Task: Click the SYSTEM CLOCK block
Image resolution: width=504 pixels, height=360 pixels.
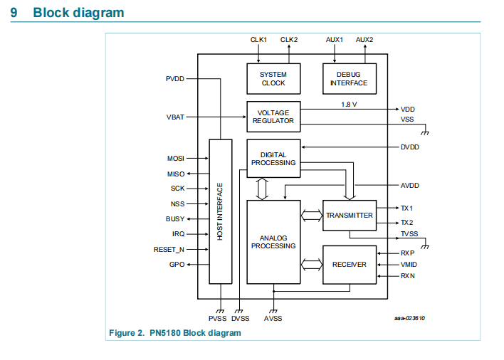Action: pos(273,78)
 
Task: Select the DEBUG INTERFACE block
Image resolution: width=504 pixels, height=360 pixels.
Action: pos(349,78)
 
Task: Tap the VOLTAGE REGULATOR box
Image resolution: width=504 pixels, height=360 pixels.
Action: pos(273,117)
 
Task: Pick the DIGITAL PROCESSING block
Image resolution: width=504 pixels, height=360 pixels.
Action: pos(273,158)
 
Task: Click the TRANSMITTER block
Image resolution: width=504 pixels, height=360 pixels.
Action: pos(349,216)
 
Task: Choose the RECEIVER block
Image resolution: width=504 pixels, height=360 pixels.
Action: pos(349,265)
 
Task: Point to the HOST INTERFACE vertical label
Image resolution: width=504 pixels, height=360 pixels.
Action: pos(221,211)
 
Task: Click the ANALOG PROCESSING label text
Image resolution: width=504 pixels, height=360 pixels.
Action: pos(273,241)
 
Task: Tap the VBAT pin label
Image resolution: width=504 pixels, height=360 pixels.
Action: pos(175,117)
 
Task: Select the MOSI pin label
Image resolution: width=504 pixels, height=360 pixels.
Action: pos(176,158)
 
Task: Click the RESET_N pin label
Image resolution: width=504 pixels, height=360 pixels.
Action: pos(169,250)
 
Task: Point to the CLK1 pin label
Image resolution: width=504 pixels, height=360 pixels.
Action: pos(258,40)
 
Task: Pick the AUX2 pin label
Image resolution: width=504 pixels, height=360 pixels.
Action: pos(364,40)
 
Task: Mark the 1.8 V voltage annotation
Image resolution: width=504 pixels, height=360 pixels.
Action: pos(349,104)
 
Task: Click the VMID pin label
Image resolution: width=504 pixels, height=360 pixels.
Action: pos(409,264)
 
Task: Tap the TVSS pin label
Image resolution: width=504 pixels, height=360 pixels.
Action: pos(409,234)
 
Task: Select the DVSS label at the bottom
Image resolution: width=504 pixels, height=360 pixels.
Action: pos(241,319)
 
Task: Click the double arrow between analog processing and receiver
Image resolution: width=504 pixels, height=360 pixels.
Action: pos(311,265)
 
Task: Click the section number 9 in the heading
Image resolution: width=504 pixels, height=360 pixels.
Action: pos(14,13)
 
